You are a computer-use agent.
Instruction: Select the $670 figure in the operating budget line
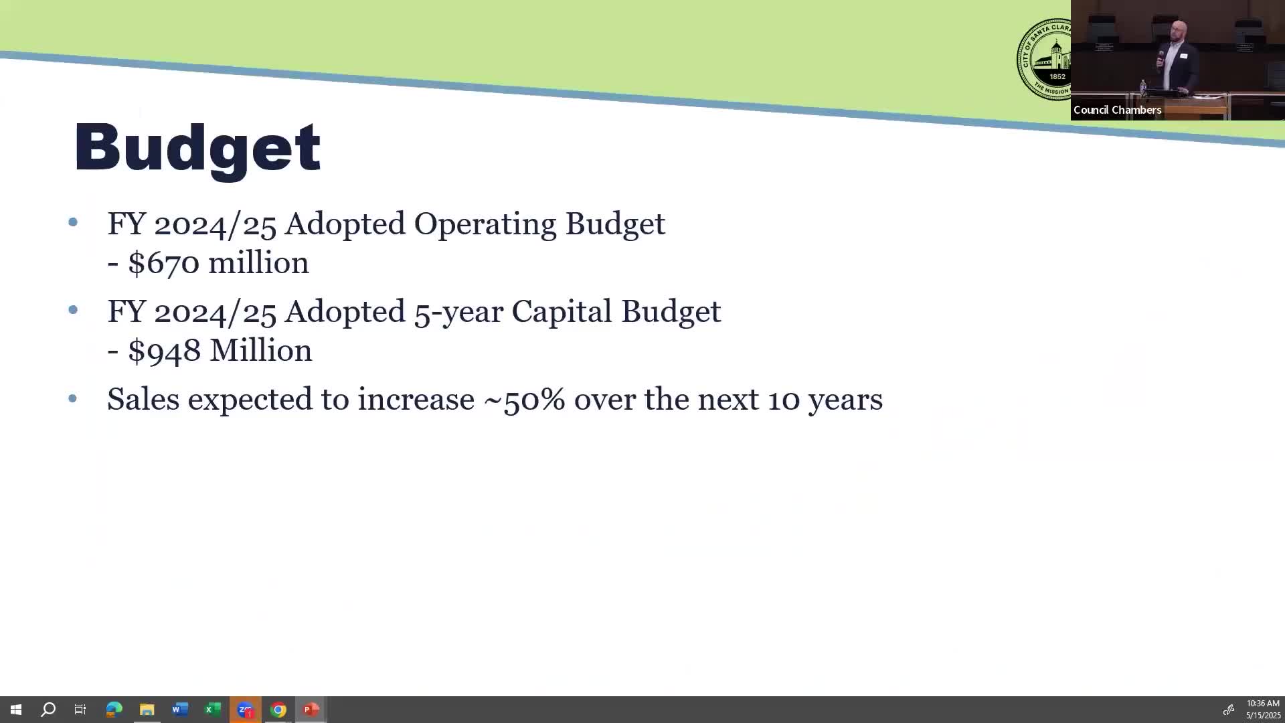163,262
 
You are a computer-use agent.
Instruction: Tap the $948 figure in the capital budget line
164,350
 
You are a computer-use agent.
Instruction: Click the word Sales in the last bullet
143,399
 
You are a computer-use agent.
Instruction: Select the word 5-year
458,313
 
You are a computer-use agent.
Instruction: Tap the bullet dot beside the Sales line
73,399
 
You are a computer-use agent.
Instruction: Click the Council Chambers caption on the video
1117,110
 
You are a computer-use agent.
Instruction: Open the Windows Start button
16,710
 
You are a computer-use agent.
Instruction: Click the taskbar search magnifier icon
48,710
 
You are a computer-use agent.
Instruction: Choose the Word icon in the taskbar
179,710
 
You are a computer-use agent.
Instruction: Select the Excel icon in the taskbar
212,710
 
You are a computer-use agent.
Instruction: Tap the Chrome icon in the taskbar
278,710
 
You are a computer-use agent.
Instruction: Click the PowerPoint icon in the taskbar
311,710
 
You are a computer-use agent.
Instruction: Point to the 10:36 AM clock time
1263,704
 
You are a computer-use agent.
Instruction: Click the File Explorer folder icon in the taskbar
147,710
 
